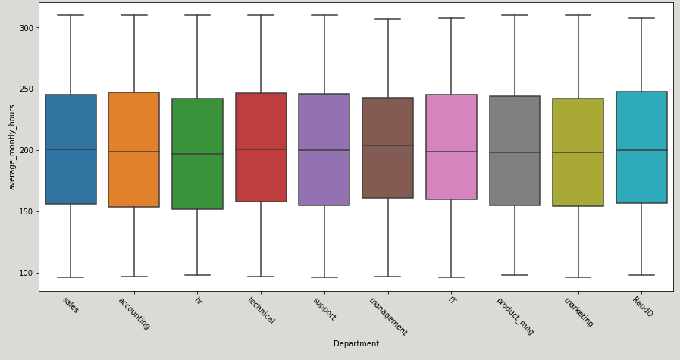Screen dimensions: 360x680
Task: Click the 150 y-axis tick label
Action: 25,211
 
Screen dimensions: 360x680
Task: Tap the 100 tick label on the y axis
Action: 25,273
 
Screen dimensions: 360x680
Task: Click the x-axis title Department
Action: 356,344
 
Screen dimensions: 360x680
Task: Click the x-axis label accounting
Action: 134,313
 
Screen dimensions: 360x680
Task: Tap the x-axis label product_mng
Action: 515,315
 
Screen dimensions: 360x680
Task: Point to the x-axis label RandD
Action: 642,306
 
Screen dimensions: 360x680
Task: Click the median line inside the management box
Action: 387,146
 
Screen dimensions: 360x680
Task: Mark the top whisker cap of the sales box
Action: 71,15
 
